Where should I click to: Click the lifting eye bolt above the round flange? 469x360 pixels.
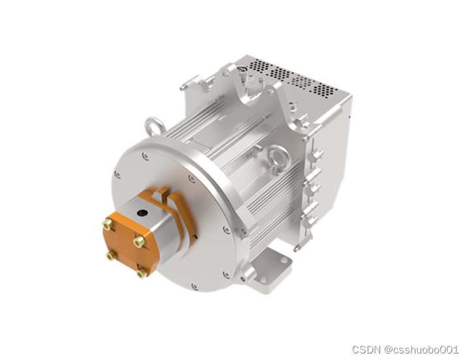point(155,126)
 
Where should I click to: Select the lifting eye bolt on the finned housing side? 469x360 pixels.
point(279,157)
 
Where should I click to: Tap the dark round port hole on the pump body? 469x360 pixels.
point(142,213)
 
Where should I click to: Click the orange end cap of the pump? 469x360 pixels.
point(129,243)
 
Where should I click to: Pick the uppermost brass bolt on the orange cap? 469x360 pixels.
point(106,223)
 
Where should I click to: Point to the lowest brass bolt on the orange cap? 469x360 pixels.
point(141,274)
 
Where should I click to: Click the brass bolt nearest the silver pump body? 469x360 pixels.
point(139,242)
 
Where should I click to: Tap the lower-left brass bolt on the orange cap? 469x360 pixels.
point(110,256)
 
